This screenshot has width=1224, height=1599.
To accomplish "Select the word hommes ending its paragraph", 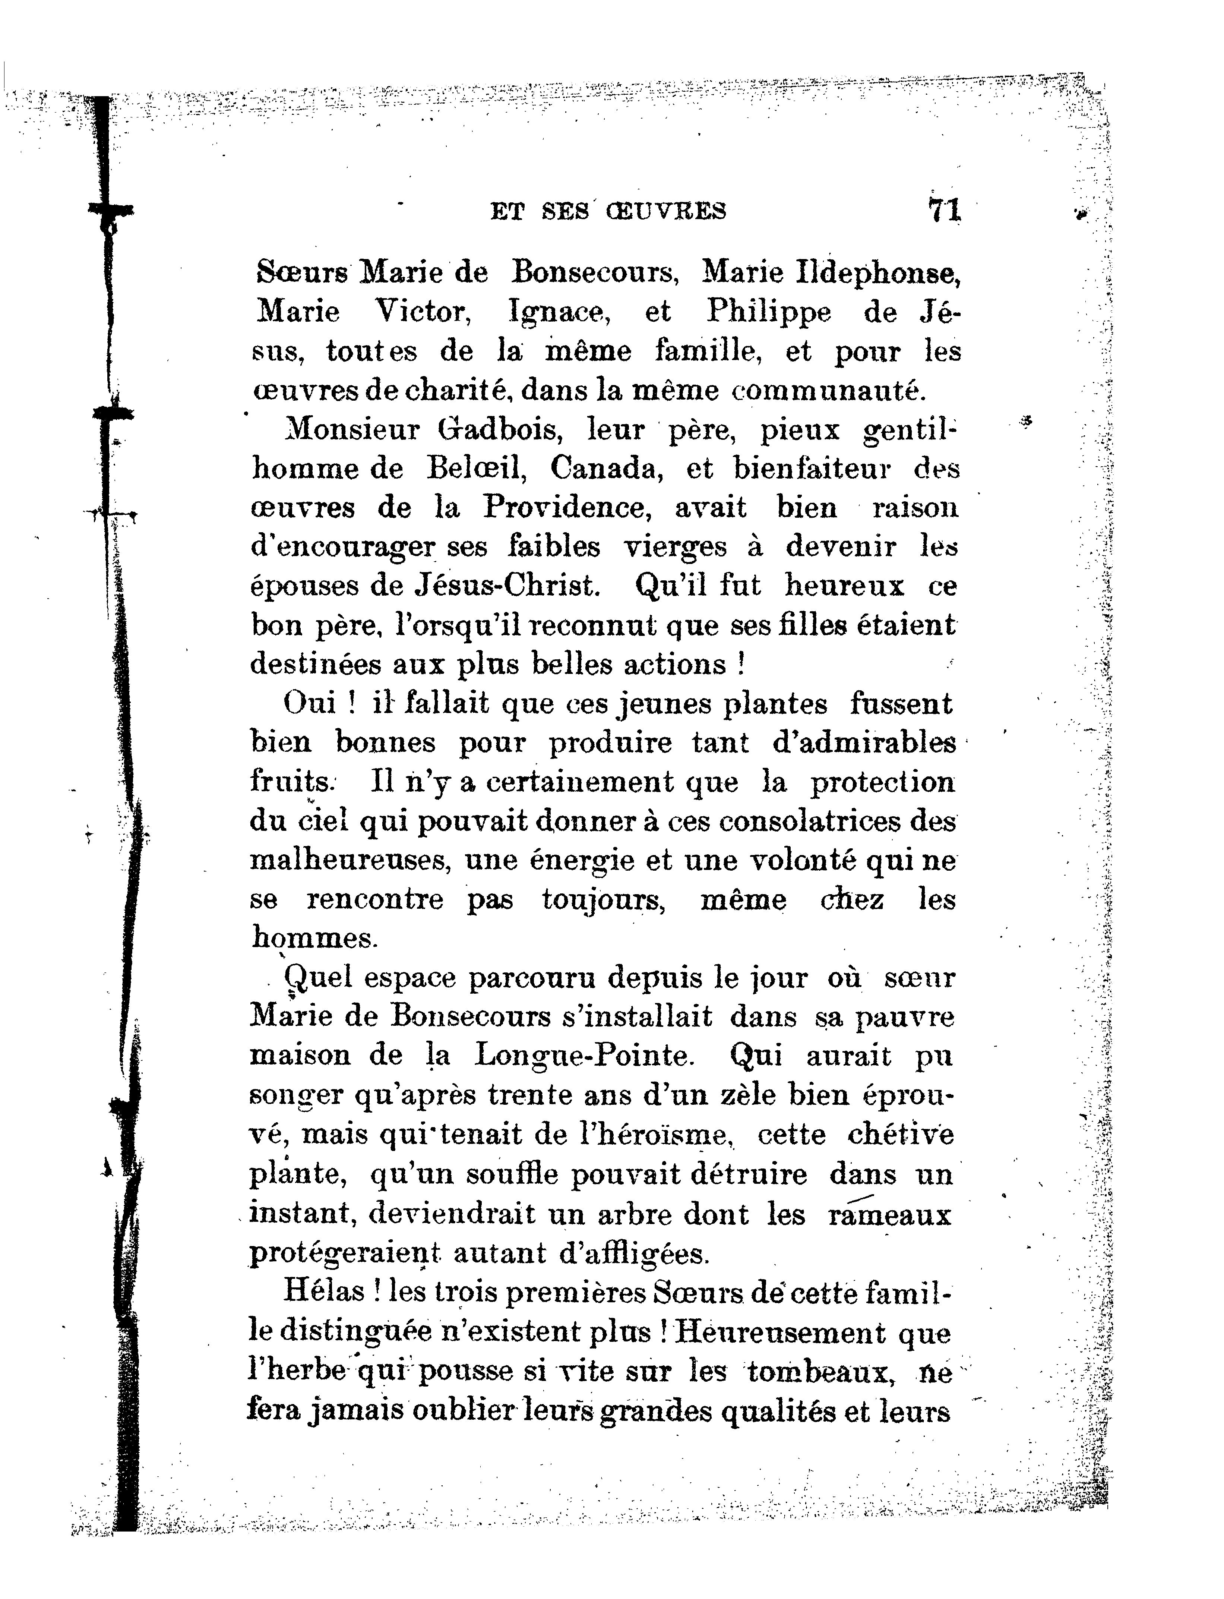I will click(x=313, y=938).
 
